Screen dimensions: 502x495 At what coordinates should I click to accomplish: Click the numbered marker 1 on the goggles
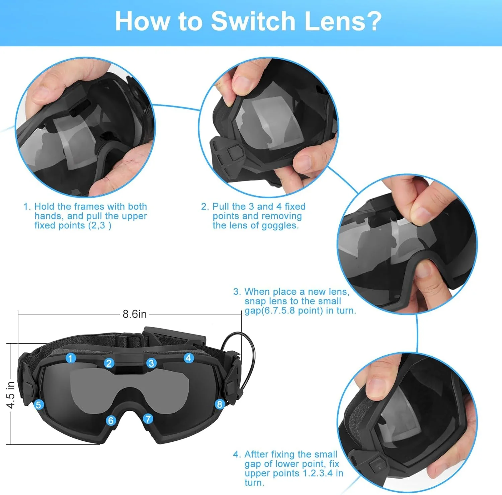(x=70, y=358)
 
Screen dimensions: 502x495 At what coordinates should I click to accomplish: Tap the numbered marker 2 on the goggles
(x=109, y=363)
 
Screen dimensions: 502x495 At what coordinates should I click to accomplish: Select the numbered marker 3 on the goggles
(x=151, y=363)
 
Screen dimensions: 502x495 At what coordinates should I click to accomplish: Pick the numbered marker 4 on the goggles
(x=188, y=358)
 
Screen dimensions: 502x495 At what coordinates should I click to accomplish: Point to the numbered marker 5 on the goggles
(x=38, y=405)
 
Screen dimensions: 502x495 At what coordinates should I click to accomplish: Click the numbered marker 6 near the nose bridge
(x=111, y=420)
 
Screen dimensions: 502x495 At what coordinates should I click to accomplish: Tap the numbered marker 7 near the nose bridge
(x=148, y=418)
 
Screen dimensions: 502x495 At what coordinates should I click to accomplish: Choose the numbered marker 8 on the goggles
(x=220, y=404)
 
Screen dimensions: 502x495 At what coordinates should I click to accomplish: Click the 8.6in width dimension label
(x=135, y=314)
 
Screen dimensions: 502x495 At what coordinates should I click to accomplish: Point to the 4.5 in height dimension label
(x=10, y=395)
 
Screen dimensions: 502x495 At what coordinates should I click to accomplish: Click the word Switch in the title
(x=253, y=21)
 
